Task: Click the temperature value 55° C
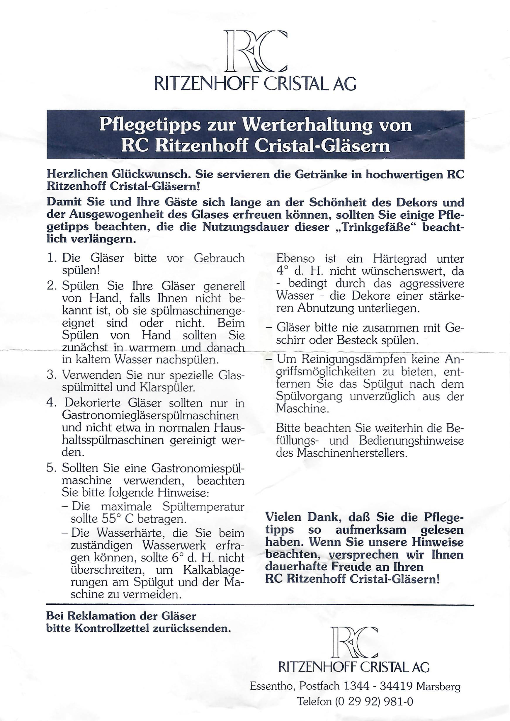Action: [118, 518]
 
